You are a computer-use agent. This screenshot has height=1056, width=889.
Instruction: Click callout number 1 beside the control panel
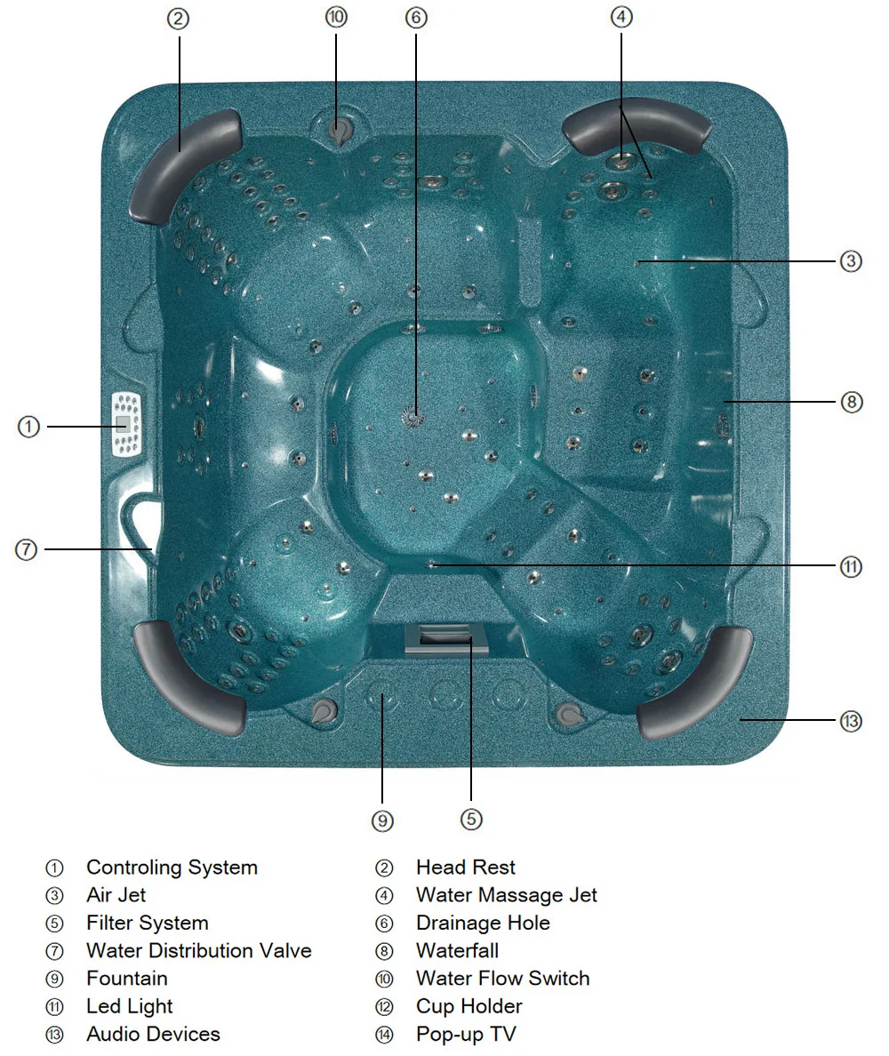click(28, 428)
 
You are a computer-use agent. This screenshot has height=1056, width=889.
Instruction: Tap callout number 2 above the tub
click(178, 19)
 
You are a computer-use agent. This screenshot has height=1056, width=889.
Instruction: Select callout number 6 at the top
click(415, 18)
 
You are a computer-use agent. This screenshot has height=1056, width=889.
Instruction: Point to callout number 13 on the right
click(851, 721)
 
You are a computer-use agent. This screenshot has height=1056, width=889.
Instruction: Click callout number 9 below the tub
click(382, 820)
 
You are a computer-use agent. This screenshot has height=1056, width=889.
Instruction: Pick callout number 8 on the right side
click(851, 402)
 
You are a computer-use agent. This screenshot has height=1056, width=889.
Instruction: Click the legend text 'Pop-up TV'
click(466, 1034)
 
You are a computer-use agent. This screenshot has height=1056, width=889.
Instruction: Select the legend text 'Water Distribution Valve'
click(198, 950)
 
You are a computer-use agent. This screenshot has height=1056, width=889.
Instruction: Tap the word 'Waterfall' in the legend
click(457, 950)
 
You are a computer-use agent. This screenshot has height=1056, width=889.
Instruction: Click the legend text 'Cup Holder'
click(469, 1006)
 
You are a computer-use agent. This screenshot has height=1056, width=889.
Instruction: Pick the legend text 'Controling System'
click(172, 867)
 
